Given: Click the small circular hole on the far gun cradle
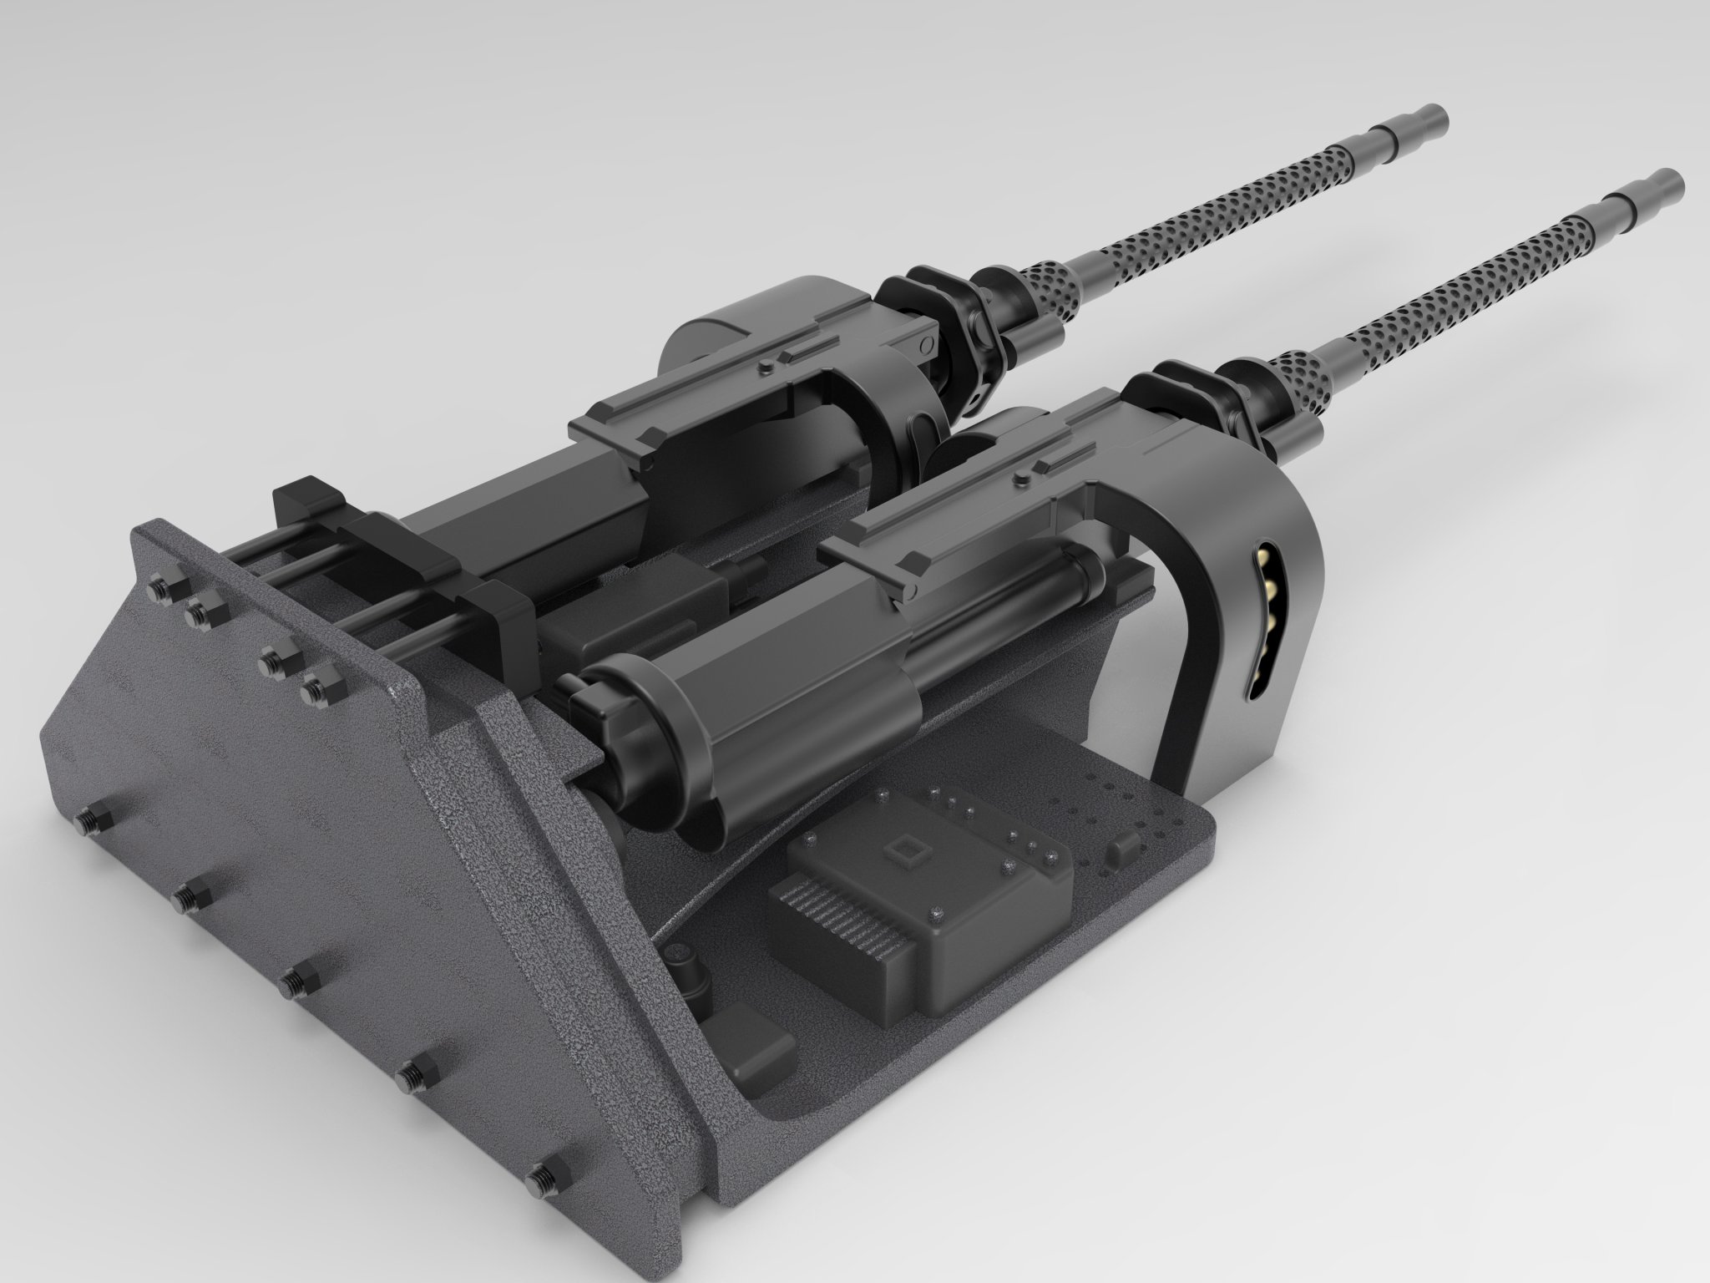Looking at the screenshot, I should pos(923,344).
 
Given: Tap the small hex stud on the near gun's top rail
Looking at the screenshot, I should pos(1019,478).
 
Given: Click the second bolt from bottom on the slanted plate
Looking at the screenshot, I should pos(412,1078).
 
